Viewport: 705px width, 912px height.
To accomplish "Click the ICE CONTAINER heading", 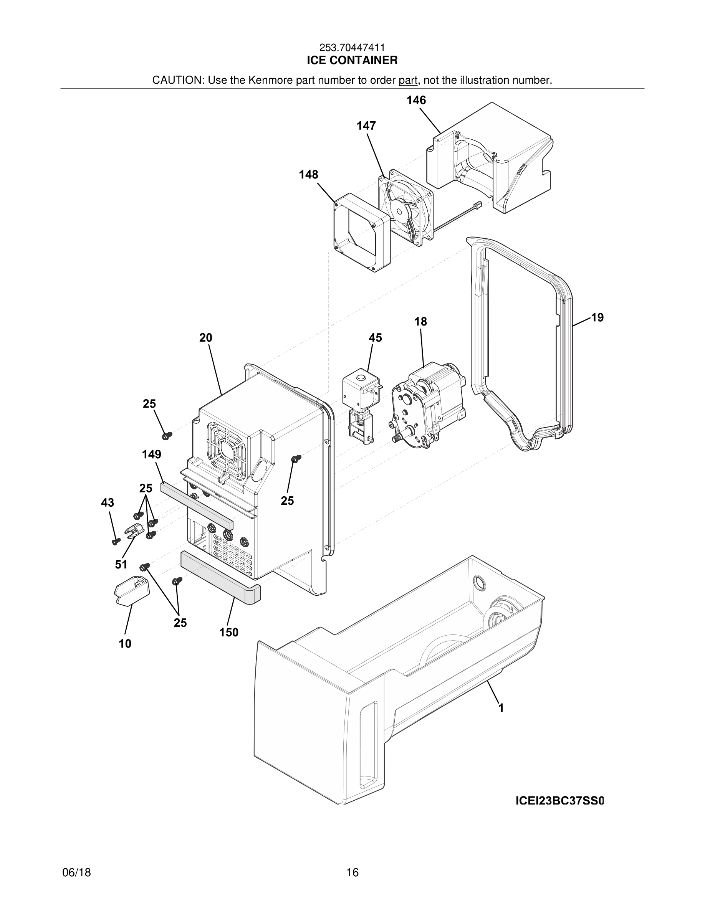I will pyautogui.click(x=352, y=61).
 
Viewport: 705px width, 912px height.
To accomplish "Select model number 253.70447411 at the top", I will pyautogui.click(x=352, y=48).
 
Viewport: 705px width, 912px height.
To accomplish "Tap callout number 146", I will pyautogui.click(x=416, y=100).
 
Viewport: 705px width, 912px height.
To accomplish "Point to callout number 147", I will pyautogui.click(x=366, y=126).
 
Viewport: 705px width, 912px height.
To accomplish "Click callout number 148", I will pyautogui.click(x=308, y=175).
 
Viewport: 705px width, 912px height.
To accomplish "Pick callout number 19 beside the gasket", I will pyautogui.click(x=597, y=318).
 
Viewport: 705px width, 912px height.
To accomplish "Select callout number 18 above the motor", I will pyautogui.click(x=420, y=322).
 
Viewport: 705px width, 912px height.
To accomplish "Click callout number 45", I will pyautogui.click(x=375, y=338).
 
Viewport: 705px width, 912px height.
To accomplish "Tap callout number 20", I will pyautogui.click(x=205, y=338).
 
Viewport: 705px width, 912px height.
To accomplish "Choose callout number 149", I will pyautogui.click(x=151, y=454).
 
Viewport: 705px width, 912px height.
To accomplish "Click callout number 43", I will pyautogui.click(x=108, y=503).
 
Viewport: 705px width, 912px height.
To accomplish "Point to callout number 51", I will pyautogui.click(x=121, y=565).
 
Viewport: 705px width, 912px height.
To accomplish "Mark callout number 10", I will pyautogui.click(x=125, y=644).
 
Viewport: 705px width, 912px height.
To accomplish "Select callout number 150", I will pyautogui.click(x=229, y=633).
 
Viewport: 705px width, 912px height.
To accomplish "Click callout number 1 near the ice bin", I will pyautogui.click(x=501, y=708).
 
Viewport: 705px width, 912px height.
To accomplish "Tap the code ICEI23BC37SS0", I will pyautogui.click(x=559, y=801).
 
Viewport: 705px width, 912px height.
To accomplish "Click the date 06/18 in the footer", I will pyautogui.click(x=76, y=873).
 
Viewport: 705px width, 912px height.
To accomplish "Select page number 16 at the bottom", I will pyautogui.click(x=352, y=873).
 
